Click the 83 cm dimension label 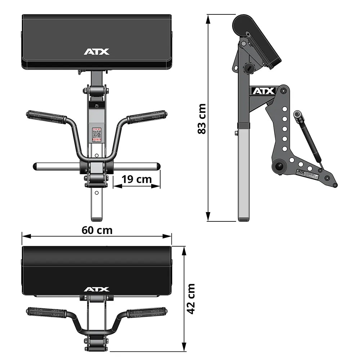202,119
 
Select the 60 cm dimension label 97,230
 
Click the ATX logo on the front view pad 96,52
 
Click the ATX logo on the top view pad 96,289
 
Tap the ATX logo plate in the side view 263,91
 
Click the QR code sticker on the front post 96,134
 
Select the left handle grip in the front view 46,117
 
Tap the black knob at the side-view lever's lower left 278,166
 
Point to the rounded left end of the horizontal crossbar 36,167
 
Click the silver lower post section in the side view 243,173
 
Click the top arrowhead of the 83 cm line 208,17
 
